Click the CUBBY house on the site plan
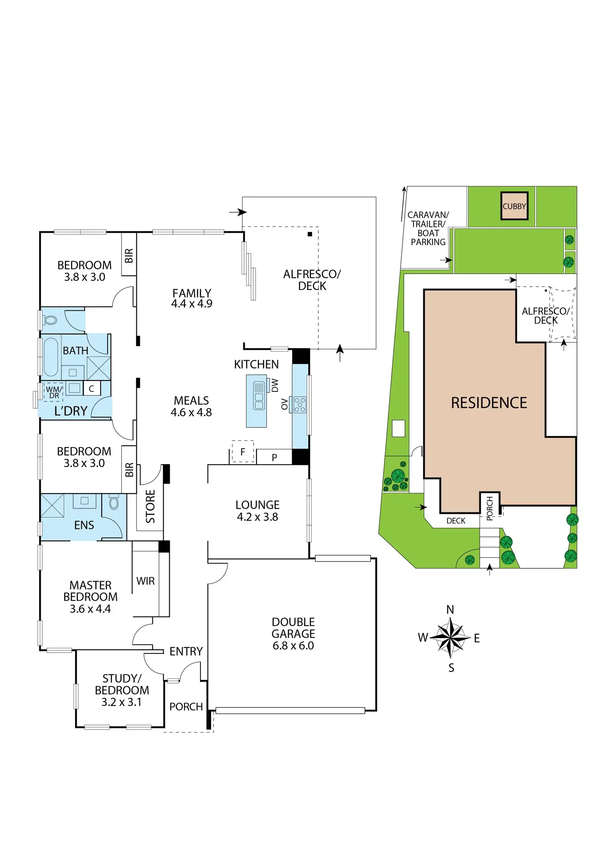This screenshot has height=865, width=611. pyautogui.click(x=514, y=206)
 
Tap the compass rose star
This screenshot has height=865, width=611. pyautogui.click(x=450, y=638)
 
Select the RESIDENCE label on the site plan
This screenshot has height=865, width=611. pyautogui.click(x=489, y=403)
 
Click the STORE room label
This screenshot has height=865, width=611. pyautogui.click(x=150, y=506)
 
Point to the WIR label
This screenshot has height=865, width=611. pyautogui.click(x=145, y=581)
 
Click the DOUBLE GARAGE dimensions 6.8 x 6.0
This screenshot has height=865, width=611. pyautogui.click(x=293, y=646)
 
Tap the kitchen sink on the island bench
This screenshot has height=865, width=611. pyautogui.click(x=259, y=396)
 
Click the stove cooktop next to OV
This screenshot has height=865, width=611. pyautogui.click(x=300, y=404)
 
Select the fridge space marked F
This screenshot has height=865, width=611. pyautogui.click(x=243, y=452)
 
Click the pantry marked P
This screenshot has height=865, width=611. pyautogui.click(x=274, y=457)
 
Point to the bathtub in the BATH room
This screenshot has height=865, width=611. pyautogui.click(x=51, y=357)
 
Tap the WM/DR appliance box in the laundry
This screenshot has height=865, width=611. pyautogui.click(x=54, y=392)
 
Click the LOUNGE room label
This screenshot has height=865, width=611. pyautogui.click(x=257, y=505)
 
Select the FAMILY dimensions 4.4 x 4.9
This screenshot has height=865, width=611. pyautogui.click(x=192, y=304)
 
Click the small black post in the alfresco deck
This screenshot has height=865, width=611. pyautogui.click(x=310, y=234)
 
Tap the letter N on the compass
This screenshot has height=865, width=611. pyautogui.click(x=450, y=609)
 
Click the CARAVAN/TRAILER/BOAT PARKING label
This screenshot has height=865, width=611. pyautogui.click(x=428, y=229)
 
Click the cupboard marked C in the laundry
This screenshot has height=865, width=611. pyautogui.click(x=92, y=388)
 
